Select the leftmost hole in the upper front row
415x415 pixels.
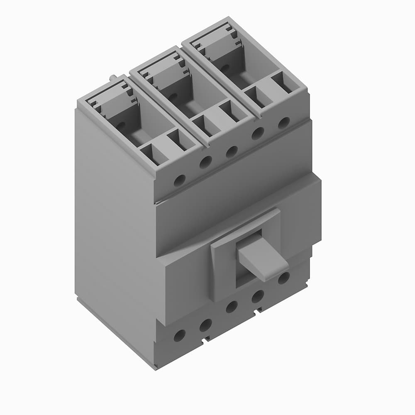[179, 181]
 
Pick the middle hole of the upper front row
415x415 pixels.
[232, 151]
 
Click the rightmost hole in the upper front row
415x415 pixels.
[284, 123]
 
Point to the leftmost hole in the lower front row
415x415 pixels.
[179, 335]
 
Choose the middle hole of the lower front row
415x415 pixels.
[232, 307]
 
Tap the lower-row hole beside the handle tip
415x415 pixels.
[284, 278]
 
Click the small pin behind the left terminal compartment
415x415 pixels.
[113, 77]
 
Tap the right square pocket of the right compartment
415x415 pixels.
[283, 83]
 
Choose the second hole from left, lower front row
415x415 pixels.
[205, 325]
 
